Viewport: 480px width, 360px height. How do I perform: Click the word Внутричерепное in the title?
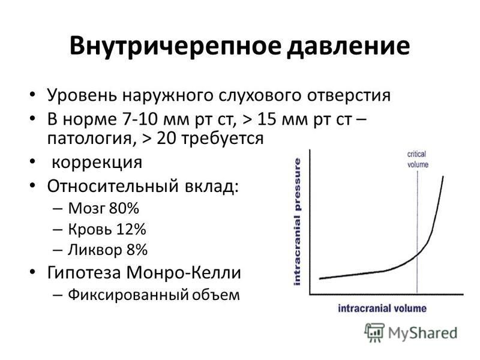click(x=175, y=47)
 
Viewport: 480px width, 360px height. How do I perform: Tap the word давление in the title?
click(x=348, y=46)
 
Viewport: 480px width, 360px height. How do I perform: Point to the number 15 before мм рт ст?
click(x=267, y=119)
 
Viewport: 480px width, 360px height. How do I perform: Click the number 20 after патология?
click(x=167, y=139)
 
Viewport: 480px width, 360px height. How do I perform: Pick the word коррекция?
click(x=97, y=162)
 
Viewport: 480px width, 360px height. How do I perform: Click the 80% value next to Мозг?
click(x=124, y=208)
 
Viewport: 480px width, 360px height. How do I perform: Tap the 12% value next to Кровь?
click(x=131, y=229)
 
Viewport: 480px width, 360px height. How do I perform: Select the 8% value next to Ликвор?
click(x=137, y=250)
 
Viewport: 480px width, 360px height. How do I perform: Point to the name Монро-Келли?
click(x=184, y=272)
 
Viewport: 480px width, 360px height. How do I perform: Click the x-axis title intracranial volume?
click(x=382, y=308)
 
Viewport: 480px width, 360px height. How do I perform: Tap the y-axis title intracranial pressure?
click(x=297, y=222)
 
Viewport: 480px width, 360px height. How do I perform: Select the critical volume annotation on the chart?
click(x=418, y=159)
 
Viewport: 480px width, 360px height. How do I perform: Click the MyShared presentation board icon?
click(x=374, y=332)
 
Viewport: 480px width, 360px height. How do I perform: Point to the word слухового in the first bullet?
click(x=261, y=95)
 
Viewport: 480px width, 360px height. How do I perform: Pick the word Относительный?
click(x=113, y=185)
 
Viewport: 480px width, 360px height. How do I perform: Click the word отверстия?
click(x=349, y=95)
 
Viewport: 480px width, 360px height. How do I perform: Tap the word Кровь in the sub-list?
click(x=90, y=229)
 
